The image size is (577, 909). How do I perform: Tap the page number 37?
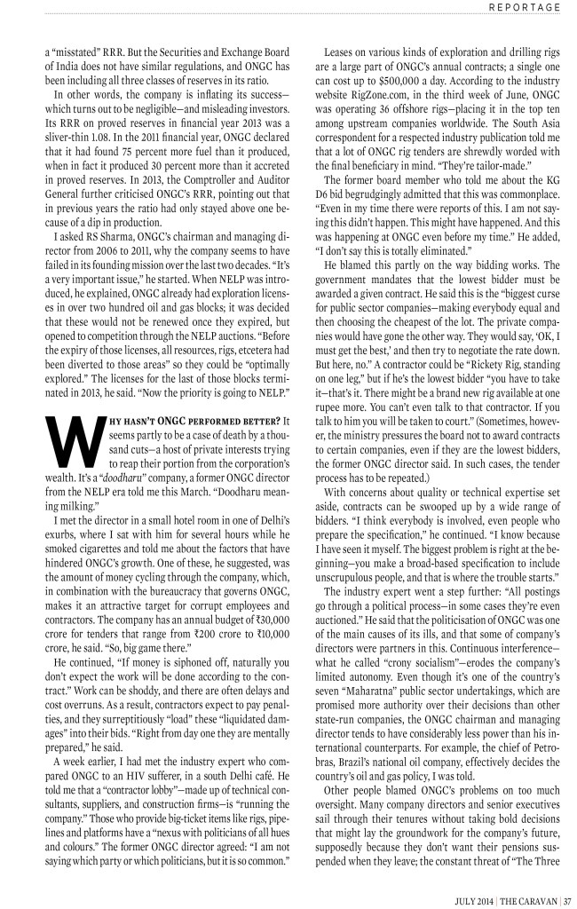[566, 894]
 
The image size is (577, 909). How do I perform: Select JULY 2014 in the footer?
[470, 894]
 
